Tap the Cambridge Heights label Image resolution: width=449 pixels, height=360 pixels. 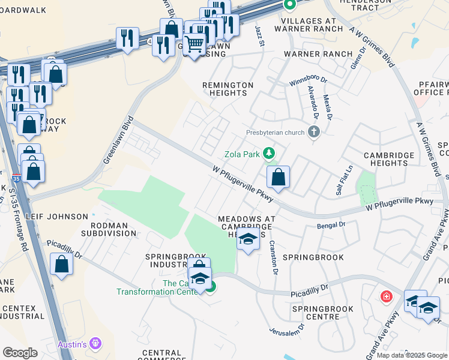pos(390,159)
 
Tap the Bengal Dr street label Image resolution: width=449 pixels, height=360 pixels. pos(334,224)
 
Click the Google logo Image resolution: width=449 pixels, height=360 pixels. pos(20,353)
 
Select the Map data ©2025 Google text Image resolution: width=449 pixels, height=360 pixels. pos(412,355)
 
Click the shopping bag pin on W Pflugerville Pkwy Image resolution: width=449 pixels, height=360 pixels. pos(278,177)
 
